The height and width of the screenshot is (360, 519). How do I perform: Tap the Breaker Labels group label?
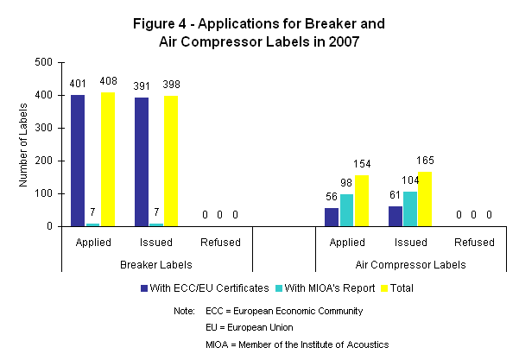[x=156, y=263]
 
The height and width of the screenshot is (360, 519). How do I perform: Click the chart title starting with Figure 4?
[x=259, y=30]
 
